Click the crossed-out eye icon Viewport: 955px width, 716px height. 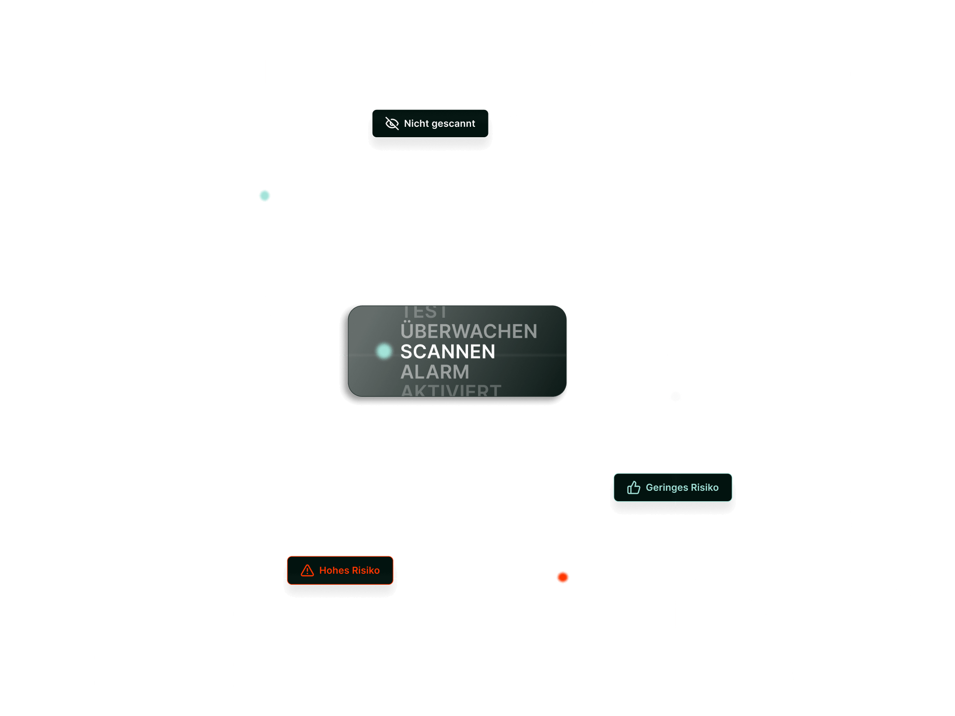pyautogui.click(x=392, y=123)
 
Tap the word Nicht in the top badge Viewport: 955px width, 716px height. pyautogui.click(x=416, y=123)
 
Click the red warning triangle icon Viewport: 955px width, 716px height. pyautogui.click(x=307, y=570)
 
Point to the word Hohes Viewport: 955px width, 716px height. pyautogui.click(x=334, y=570)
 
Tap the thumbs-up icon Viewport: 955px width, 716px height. pyautogui.click(x=633, y=487)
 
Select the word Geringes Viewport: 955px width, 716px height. pyautogui.click(x=667, y=488)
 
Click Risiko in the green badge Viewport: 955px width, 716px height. pyautogui.click(x=704, y=487)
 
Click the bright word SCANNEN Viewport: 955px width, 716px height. pyautogui.click(x=448, y=352)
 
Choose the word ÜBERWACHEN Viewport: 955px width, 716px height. pyautogui.click(x=469, y=331)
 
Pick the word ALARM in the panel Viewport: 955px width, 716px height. pyautogui.click(x=435, y=372)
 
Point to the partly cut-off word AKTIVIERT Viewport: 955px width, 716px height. pyautogui.click(x=451, y=390)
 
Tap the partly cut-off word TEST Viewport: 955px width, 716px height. pyautogui.click(x=424, y=312)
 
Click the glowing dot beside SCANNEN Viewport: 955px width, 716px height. pyautogui.click(x=384, y=351)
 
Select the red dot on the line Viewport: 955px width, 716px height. pyautogui.click(x=563, y=577)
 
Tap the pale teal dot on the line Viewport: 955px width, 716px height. pyautogui.click(x=265, y=195)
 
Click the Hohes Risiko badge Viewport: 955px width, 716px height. pyautogui.click(x=340, y=570)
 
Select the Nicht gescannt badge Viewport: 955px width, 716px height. pyautogui.click(x=430, y=123)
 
